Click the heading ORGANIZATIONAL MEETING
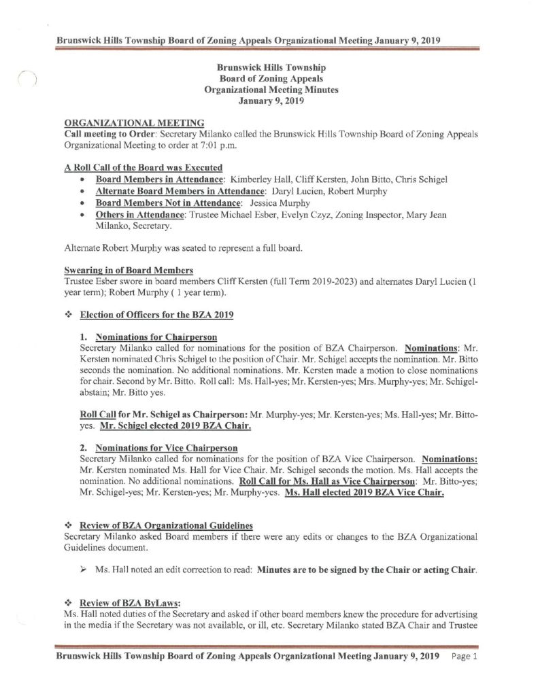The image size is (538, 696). coord(134,122)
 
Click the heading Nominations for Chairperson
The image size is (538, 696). coord(153,337)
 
